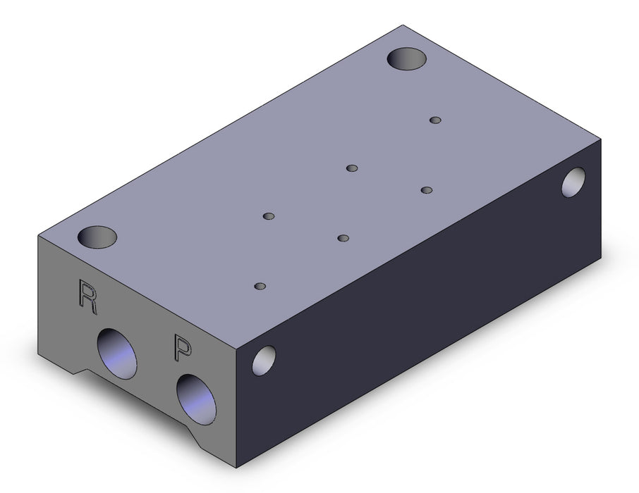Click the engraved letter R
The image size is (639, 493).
pyautogui.click(x=87, y=297)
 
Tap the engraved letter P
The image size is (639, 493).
pyautogui.click(x=182, y=347)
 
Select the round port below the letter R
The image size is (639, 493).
pyautogui.click(x=117, y=354)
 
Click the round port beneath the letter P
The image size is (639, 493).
pyautogui.click(x=196, y=399)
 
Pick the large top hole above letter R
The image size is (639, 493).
pyautogui.click(x=97, y=237)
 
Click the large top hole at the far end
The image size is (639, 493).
pyautogui.click(x=407, y=58)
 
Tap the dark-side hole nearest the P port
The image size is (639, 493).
pyautogui.click(x=264, y=361)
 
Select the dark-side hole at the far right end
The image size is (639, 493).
pyautogui.click(x=573, y=182)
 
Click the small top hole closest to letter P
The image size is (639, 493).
pyautogui.click(x=260, y=286)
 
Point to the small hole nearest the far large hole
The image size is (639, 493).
pyautogui.click(x=436, y=120)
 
